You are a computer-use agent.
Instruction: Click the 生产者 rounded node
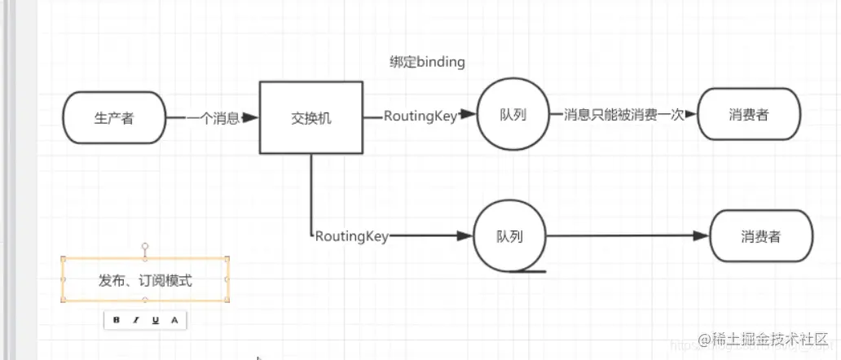(113, 118)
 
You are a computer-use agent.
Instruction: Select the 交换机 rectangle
(311, 118)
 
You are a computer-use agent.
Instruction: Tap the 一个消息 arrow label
(213, 118)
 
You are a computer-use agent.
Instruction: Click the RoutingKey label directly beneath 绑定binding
(420, 116)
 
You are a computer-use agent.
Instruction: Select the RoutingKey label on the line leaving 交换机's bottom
(351, 237)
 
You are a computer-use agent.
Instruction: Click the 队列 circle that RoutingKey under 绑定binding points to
(513, 115)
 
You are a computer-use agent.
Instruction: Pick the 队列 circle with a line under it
(509, 237)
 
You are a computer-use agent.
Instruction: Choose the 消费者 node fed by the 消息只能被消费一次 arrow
(749, 115)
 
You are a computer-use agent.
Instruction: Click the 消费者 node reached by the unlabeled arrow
(761, 237)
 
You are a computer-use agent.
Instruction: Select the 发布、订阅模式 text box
(145, 280)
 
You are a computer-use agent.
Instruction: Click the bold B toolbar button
(117, 320)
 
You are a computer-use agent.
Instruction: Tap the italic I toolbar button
(136, 320)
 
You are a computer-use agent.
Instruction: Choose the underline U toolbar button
(155, 320)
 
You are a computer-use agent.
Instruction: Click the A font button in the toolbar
(174, 320)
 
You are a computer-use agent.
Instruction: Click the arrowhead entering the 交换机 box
(252, 118)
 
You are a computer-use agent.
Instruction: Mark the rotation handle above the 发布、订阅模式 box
(145, 244)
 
